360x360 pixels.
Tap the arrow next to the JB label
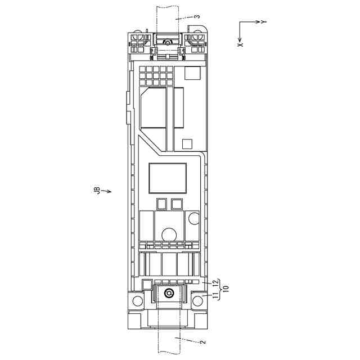click(x=106, y=191)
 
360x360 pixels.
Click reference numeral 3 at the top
click(x=197, y=16)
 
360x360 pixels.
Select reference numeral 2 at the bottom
click(x=202, y=342)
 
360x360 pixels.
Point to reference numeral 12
click(x=215, y=283)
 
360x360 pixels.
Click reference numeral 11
click(x=215, y=296)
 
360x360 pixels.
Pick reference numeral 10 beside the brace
click(x=226, y=289)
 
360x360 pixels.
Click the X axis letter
click(x=240, y=44)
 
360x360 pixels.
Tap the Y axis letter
click(x=264, y=22)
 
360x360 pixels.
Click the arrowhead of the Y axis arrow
click(x=258, y=22)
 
